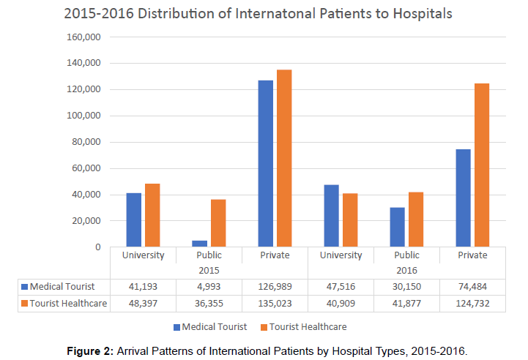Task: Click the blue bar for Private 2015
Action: point(265,164)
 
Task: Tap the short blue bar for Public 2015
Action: point(199,244)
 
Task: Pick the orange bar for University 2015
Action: point(152,215)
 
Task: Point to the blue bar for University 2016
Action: point(331,216)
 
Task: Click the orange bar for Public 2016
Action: point(415,220)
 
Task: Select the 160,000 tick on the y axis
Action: point(83,37)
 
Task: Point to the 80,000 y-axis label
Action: point(85,142)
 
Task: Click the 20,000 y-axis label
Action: point(85,221)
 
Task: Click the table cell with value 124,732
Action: point(472,304)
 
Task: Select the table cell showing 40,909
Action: point(341,304)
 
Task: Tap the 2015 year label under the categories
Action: point(209,270)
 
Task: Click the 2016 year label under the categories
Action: point(406,270)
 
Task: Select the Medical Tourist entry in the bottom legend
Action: point(212,326)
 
